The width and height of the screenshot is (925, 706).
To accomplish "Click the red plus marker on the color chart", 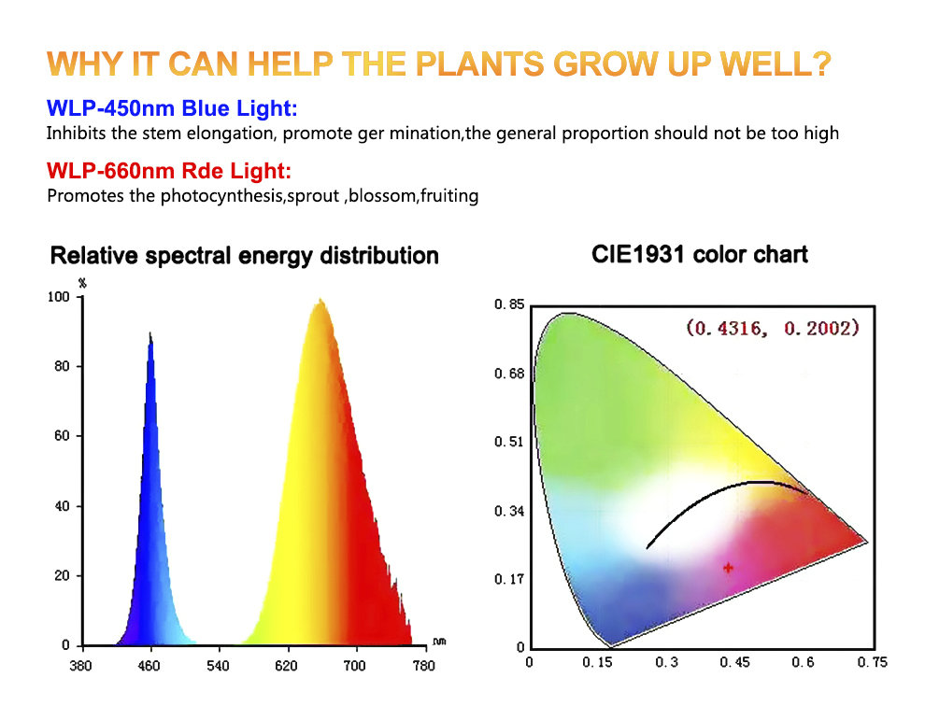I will click(x=729, y=567).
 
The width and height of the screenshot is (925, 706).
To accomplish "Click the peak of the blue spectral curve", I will click(x=149, y=333).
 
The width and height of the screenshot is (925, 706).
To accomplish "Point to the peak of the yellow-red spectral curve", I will click(x=320, y=301).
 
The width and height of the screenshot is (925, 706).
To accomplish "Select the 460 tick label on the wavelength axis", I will click(x=149, y=666).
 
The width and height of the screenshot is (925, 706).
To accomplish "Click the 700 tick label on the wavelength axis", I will click(x=355, y=666).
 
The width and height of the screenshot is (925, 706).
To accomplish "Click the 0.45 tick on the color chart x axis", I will click(x=735, y=663).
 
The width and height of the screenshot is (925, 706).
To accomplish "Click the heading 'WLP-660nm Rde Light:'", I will click(x=169, y=172).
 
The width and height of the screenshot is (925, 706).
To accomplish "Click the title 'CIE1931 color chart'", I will click(x=700, y=254).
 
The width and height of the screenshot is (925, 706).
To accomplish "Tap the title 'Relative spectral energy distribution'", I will click(x=244, y=255).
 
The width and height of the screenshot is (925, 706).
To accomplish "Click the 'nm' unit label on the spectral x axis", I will click(x=439, y=642).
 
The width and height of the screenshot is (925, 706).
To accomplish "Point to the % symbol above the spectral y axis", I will click(x=82, y=282).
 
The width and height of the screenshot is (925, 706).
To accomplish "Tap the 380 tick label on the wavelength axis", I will click(x=82, y=666).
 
